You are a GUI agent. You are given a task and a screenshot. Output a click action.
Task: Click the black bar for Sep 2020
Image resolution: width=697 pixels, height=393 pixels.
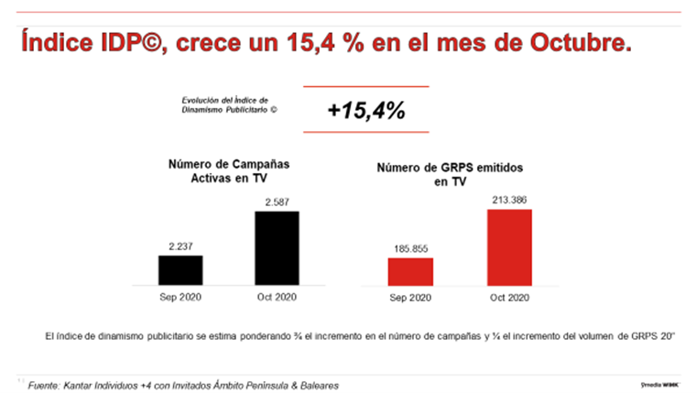pyautogui.click(x=180, y=269)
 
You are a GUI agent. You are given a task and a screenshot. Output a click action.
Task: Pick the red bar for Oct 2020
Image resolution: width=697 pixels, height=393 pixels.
pyautogui.click(x=509, y=246)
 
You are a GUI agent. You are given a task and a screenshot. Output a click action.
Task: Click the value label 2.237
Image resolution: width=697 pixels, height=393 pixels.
pyautogui.click(x=180, y=246)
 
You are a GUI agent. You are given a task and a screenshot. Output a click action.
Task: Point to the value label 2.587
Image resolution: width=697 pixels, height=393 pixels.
pyautogui.click(x=276, y=201)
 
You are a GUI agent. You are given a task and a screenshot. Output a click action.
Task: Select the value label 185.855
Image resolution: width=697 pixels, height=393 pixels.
pyautogui.click(x=410, y=247)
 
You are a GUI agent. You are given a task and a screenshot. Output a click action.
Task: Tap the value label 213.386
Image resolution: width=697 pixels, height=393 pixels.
pyautogui.click(x=509, y=199)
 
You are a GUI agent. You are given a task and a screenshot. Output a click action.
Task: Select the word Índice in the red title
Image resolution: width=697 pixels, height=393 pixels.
pyautogui.click(x=58, y=43)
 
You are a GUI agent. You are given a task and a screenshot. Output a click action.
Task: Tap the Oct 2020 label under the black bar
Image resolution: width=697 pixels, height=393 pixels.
pyautogui.click(x=276, y=297)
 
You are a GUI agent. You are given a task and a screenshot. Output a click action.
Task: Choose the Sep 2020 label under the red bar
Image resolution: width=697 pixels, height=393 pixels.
pyautogui.click(x=410, y=297)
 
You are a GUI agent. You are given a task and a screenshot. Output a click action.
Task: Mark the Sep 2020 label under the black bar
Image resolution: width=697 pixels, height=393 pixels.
pyautogui.click(x=180, y=297)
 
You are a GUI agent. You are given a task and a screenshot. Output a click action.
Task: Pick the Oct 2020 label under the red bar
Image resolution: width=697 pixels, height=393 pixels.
pyautogui.click(x=509, y=297)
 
